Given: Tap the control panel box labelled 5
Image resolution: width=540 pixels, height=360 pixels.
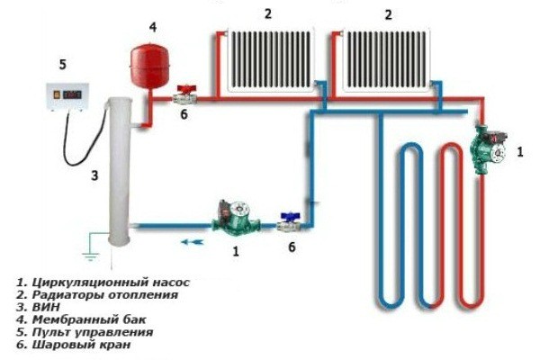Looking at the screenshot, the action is click(x=67, y=96).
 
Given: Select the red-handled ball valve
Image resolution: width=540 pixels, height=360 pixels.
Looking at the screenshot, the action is click(x=185, y=95).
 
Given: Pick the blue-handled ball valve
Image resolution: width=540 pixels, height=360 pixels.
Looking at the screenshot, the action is click(x=290, y=222).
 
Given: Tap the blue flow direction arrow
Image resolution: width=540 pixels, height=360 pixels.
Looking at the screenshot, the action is click(x=193, y=242).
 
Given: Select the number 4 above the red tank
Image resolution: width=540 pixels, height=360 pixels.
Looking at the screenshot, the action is click(x=153, y=27).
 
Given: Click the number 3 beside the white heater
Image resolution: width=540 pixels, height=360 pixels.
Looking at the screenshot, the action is click(x=94, y=175).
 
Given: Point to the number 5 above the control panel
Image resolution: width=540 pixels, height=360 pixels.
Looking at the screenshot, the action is click(x=62, y=65).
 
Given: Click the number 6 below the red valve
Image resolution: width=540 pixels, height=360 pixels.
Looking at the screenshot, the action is click(x=184, y=114).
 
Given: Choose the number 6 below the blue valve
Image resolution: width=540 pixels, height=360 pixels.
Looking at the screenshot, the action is click(x=292, y=247).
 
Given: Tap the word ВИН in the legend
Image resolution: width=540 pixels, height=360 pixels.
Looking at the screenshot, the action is click(x=46, y=307).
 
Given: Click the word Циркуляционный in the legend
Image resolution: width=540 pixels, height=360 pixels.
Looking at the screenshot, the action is click(x=87, y=283).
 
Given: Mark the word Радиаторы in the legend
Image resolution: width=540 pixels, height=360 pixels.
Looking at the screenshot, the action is click(x=68, y=295).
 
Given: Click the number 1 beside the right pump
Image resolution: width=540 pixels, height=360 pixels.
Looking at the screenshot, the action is click(x=520, y=152).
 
